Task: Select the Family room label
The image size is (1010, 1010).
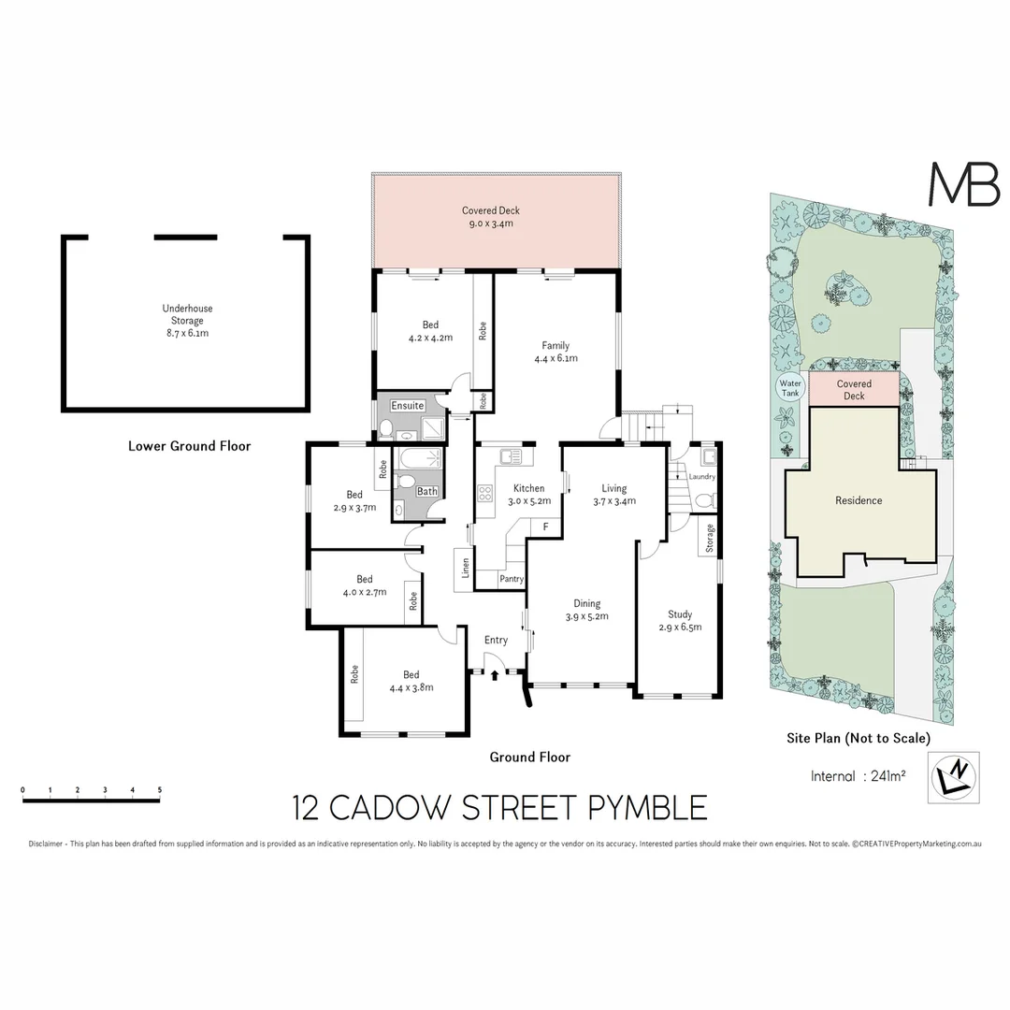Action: click(555, 352)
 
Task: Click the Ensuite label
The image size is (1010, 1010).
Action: click(408, 406)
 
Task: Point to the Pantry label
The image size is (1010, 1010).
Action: click(511, 579)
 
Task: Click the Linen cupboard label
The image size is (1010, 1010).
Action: click(465, 568)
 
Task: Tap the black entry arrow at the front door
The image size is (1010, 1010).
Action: click(495, 672)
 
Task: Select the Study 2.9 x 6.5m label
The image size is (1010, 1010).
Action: click(679, 620)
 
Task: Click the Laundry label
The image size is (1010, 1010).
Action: click(701, 477)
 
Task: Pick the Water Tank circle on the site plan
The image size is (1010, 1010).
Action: click(790, 388)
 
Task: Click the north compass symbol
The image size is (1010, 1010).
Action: click(955, 775)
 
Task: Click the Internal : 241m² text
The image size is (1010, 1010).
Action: click(857, 775)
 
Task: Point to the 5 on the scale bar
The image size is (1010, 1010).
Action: click(160, 790)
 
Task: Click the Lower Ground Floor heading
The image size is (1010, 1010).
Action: click(189, 446)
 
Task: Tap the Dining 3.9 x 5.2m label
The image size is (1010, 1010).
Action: click(586, 610)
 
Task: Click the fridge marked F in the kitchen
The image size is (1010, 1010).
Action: click(545, 527)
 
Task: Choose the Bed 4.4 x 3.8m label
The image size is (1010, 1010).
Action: click(411, 680)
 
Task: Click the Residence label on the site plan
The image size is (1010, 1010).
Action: click(858, 500)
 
